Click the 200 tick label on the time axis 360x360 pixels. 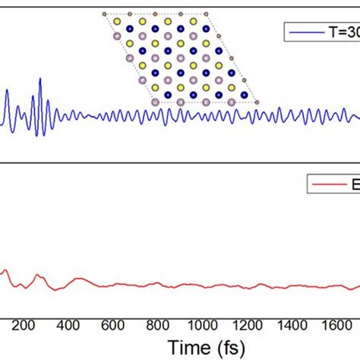[x=24, y=324]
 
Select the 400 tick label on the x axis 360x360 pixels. [x=68, y=324]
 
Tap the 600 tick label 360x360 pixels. [x=112, y=324]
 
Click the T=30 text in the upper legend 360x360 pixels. [x=341, y=33]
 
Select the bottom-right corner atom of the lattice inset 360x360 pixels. [x=257, y=101]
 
